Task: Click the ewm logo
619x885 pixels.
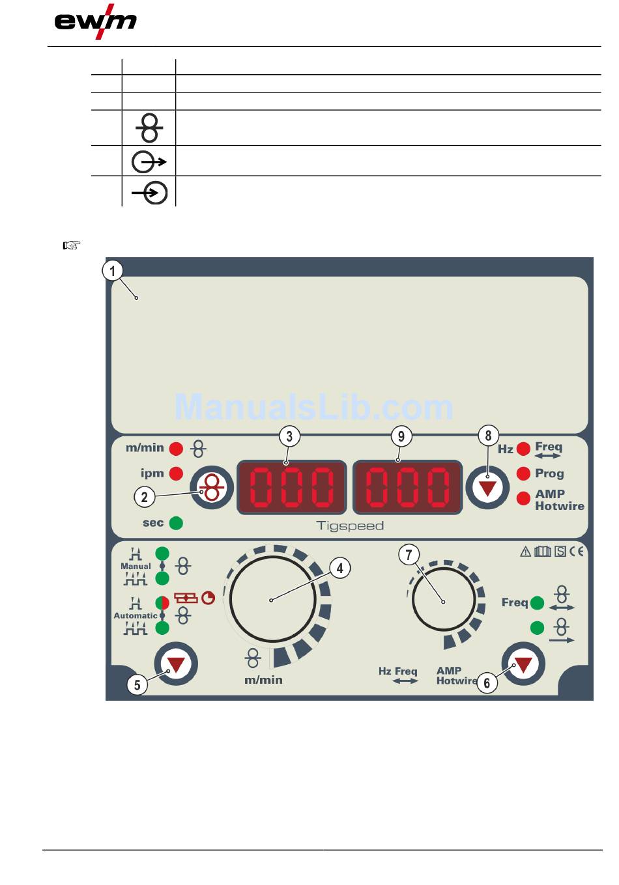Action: [95, 22]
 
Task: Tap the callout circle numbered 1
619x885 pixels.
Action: [113, 270]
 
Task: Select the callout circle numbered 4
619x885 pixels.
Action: [339, 568]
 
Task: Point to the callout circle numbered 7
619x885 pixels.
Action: [409, 555]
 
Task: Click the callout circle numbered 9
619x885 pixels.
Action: [401, 436]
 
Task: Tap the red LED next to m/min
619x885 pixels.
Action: [176, 449]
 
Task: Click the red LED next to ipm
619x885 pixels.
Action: [176, 473]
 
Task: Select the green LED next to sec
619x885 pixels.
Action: [176, 523]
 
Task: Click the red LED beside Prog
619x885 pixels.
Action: [523, 473]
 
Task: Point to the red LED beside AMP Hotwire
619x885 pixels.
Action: [523, 498]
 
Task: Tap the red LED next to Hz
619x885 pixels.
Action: [523, 449]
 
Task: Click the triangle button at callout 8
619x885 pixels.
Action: [487, 488]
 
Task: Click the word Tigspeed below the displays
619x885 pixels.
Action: [350, 526]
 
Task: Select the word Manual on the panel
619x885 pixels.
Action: [136, 567]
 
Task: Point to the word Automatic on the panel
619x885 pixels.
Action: [136, 615]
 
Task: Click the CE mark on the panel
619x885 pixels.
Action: [577, 552]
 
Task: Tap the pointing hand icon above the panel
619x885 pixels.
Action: [71, 246]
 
